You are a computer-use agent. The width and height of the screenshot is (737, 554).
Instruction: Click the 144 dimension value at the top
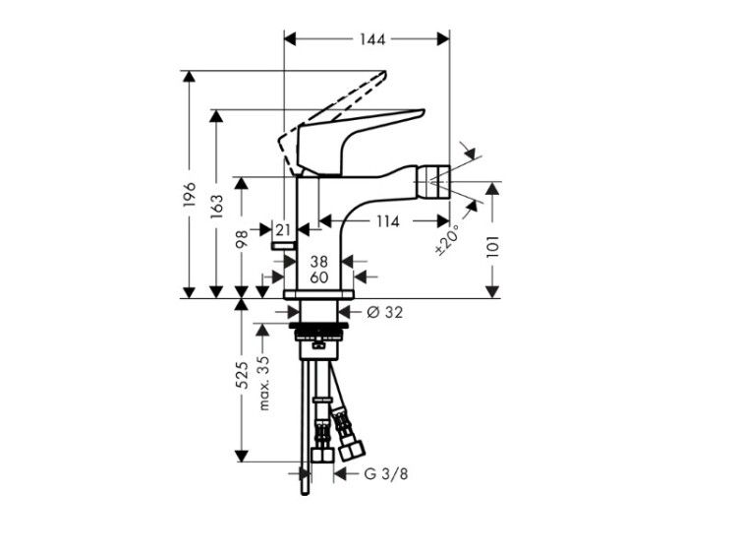click(x=372, y=39)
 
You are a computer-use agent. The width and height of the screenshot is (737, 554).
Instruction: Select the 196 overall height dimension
click(x=189, y=194)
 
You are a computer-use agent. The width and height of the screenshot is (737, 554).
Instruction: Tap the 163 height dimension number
click(x=217, y=207)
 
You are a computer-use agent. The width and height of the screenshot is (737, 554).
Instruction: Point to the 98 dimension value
click(x=242, y=239)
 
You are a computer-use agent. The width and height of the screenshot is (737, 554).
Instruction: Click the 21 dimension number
click(x=283, y=230)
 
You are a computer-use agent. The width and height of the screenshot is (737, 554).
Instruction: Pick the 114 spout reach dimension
click(x=388, y=220)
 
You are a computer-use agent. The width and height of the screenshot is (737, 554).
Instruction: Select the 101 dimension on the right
click(x=492, y=245)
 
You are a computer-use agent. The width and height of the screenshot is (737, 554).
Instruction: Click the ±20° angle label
click(x=447, y=239)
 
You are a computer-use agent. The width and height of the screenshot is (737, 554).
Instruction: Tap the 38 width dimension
click(x=319, y=261)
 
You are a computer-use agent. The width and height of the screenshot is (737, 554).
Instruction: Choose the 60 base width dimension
click(x=319, y=277)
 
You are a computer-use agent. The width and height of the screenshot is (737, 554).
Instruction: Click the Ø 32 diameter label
click(x=384, y=312)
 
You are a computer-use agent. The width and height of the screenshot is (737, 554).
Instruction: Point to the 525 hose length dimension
click(x=242, y=375)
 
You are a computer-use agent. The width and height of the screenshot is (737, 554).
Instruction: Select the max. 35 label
click(x=264, y=383)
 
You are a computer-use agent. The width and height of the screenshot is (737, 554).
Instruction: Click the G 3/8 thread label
click(x=386, y=473)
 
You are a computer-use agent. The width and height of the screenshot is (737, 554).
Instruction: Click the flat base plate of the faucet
click(x=318, y=294)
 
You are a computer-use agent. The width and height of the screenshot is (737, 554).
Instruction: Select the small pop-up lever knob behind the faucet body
click(x=282, y=245)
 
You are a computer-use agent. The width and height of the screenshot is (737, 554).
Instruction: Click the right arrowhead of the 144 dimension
click(x=443, y=39)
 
